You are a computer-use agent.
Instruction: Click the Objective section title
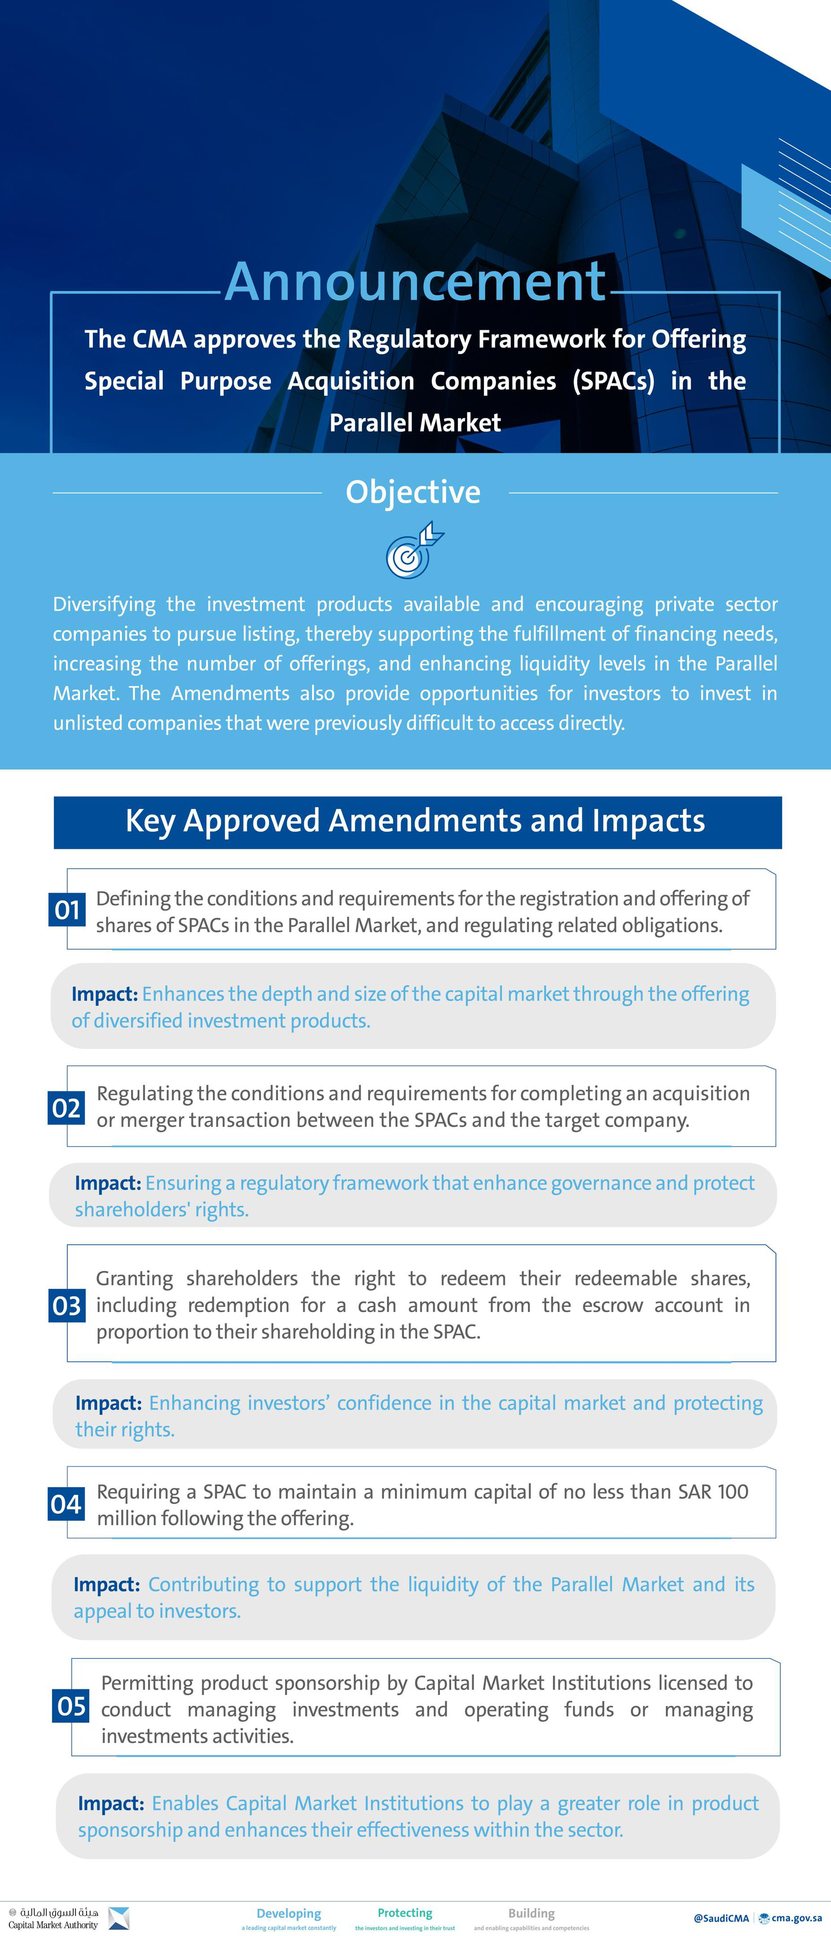413,492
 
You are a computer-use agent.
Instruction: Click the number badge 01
67,910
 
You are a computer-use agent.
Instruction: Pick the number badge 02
66,1108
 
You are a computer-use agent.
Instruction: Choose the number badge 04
66,1504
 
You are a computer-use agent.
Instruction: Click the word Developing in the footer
289,1913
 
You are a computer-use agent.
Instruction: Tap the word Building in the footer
531,1913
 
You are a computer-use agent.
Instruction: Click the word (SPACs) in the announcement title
613,381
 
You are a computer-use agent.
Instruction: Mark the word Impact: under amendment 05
111,1803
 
